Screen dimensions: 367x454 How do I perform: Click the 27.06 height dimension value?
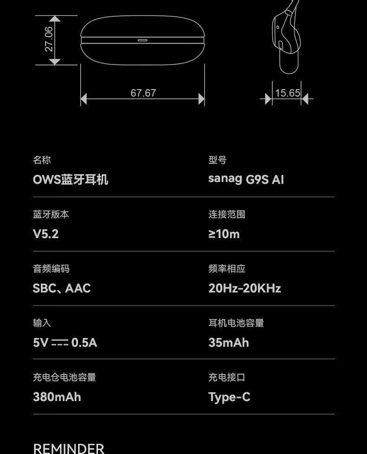coord(49,39)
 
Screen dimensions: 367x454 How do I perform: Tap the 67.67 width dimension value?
coord(143,93)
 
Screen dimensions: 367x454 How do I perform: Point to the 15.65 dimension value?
coord(288,93)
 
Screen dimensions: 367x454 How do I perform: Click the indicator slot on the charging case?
coord(143,40)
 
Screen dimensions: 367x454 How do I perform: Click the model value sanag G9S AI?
coord(246,179)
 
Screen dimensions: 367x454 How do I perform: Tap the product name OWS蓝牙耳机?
coord(71,180)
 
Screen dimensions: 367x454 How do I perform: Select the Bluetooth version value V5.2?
coord(46,234)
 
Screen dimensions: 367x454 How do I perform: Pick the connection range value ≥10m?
coord(224,234)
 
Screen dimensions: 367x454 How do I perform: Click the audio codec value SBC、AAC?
coord(62,288)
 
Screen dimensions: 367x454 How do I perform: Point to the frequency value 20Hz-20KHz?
coord(244,288)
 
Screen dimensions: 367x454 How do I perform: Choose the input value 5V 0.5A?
coord(65,343)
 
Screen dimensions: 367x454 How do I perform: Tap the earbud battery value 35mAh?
coord(229,343)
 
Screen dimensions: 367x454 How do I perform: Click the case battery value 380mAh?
coord(57,397)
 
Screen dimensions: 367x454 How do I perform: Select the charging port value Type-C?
coord(229,397)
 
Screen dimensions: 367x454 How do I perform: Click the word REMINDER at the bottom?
coord(69,448)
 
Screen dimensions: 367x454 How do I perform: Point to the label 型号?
coord(217,160)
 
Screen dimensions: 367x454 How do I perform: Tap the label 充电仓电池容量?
coord(64,377)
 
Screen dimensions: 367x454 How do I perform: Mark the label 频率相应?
coord(227,269)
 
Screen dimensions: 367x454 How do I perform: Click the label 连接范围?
coord(227,214)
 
